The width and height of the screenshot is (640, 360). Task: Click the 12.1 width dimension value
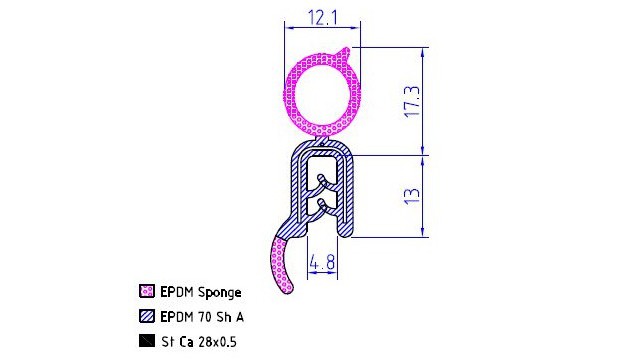click(x=322, y=17)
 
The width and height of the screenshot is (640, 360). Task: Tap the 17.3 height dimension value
click(x=411, y=101)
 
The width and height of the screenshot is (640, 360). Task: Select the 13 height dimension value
click(x=411, y=196)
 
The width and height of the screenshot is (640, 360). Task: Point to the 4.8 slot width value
click(x=322, y=262)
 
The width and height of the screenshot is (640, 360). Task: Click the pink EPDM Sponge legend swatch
click(x=147, y=291)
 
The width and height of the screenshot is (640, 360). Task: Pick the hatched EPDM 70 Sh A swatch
click(x=147, y=316)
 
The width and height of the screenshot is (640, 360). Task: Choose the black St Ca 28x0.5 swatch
click(x=147, y=341)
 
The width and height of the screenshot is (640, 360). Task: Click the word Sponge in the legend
click(x=220, y=293)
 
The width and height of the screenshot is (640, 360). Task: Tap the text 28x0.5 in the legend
click(x=217, y=342)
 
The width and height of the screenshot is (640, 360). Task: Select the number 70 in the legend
click(x=205, y=317)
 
